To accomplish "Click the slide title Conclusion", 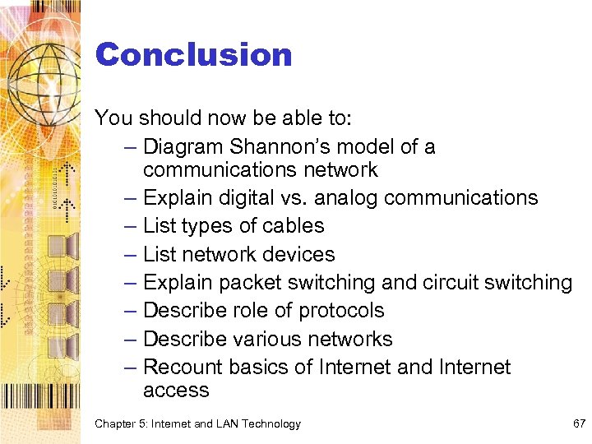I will click(193, 55).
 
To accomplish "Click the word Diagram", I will click(183, 146).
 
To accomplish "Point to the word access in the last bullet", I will click(176, 391).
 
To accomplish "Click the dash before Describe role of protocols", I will click(132, 311).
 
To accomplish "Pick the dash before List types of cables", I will click(132, 226).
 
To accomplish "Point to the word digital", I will click(240, 198).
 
